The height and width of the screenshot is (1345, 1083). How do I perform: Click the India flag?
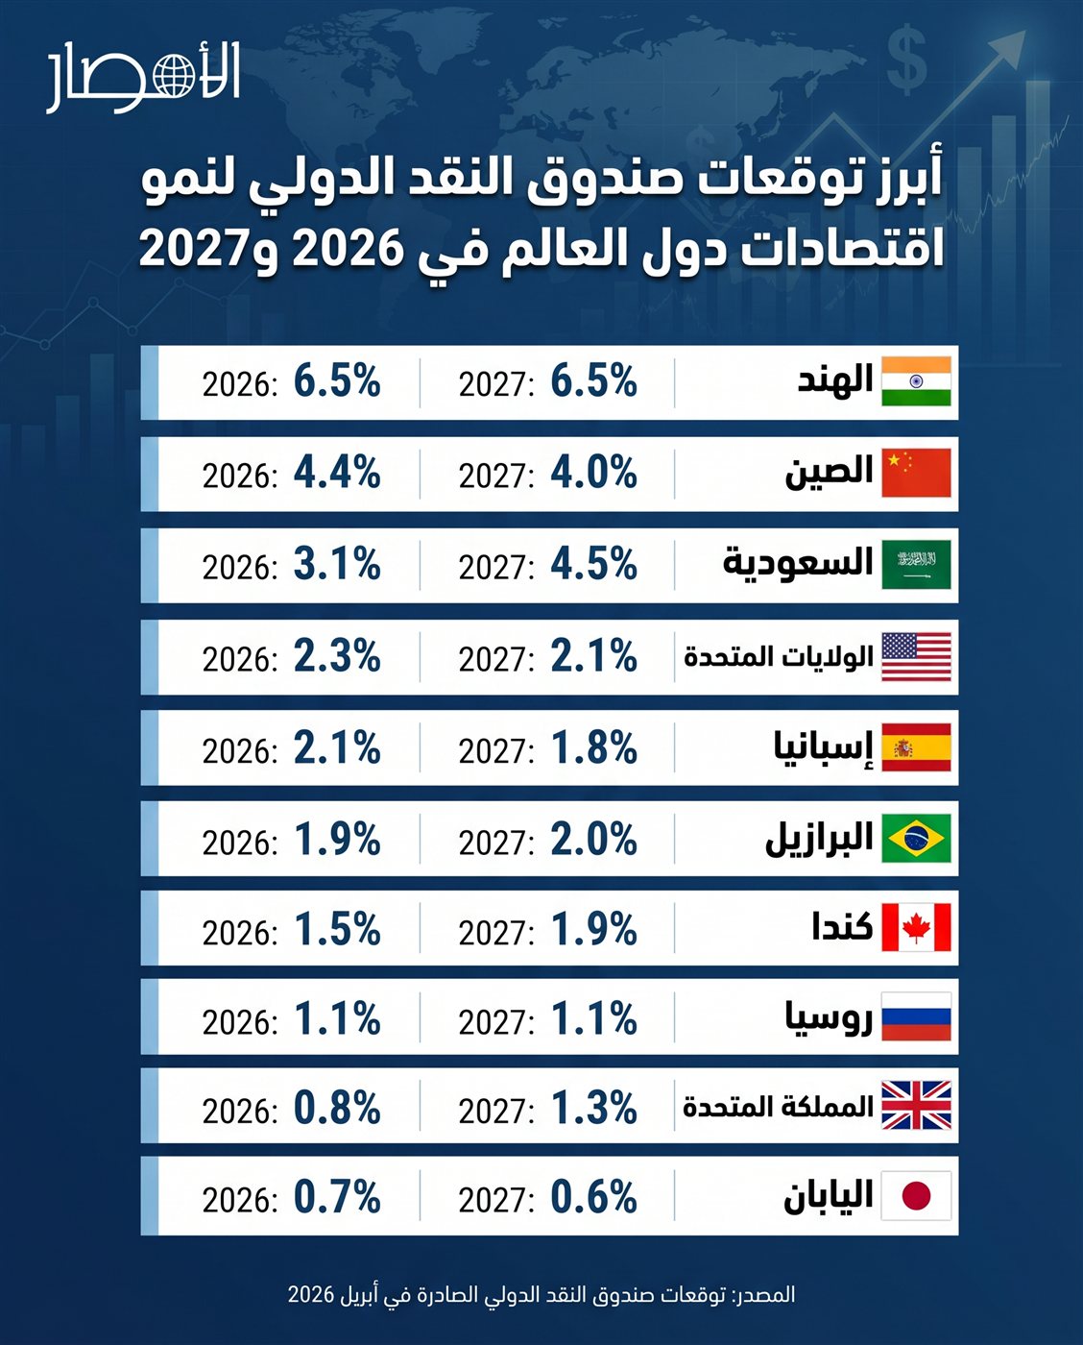[916, 381]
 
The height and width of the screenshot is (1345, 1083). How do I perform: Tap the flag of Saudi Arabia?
[916, 565]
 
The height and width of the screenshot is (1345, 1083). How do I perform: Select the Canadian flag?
[916, 928]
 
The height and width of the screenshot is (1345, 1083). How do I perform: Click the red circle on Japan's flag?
[916, 1196]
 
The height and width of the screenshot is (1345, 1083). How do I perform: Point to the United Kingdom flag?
[916, 1105]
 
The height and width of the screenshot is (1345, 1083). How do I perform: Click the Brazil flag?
[916, 839]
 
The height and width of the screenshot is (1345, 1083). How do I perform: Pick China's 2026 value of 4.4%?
[337, 473]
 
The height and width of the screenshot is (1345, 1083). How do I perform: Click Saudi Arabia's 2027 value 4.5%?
[593, 564]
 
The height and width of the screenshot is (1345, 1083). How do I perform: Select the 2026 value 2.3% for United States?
[337, 656]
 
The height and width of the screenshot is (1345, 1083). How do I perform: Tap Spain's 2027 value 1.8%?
[593, 747]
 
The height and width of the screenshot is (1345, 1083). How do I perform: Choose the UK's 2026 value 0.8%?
[337, 1108]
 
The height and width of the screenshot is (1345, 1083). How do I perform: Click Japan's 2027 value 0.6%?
[593, 1197]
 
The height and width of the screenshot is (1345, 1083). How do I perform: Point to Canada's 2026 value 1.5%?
[337, 929]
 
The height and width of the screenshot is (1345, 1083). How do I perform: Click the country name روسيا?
[829, 1018]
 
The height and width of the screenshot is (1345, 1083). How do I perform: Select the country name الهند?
[835, 379]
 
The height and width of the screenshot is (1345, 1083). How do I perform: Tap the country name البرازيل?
[819, 839]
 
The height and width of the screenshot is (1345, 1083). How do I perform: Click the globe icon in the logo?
[172, 76]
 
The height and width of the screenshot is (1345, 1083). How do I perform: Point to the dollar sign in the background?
[905, 60]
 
